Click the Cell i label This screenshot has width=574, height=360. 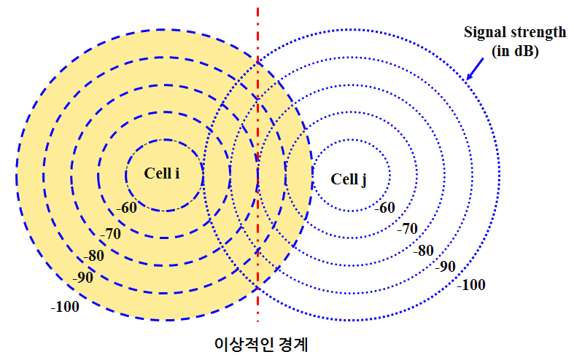(162, 173)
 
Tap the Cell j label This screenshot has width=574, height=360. (349, 179)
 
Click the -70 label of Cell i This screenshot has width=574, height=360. (110, 234)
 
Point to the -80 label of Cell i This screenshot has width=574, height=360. (93, 257)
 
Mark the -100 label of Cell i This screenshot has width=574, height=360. (65, 307)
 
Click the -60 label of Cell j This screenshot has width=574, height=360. (384, 208)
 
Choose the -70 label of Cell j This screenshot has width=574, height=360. (407, 229)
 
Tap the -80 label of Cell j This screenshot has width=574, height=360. (423, 251)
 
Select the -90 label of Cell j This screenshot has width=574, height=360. (445, 266)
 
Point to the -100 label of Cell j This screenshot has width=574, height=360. (470, 285)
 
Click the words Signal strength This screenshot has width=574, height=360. (515, 33)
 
